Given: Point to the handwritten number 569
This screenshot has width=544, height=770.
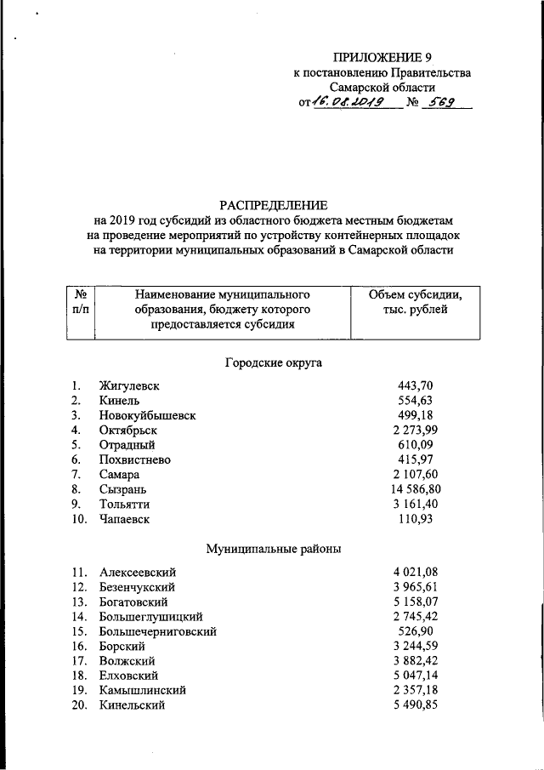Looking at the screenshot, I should [x=443, y=104].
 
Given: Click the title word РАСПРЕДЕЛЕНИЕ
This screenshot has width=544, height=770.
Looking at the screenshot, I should [x=273, y=205].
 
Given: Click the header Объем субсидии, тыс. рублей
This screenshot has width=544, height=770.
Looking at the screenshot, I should [x=415, y=303].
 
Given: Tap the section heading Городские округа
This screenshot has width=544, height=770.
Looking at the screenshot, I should [x=273, y=362].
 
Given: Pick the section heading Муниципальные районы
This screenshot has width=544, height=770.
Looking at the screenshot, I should [x=274, y=549].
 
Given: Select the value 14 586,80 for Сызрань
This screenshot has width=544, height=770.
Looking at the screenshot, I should [x=415, y=489].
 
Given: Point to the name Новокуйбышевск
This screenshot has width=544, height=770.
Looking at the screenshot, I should [x=147, y=415].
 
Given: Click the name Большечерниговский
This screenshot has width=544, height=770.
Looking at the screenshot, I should [x=157, y=631].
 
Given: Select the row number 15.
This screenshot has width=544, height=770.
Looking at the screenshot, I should [x=78, y=631].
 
